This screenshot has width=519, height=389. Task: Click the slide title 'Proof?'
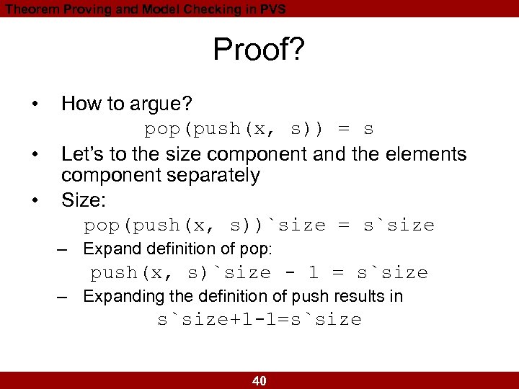(x=259, y=50)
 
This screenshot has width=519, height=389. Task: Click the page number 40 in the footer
(x=259, y=381)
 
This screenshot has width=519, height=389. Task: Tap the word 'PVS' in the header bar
(x=270, y=9)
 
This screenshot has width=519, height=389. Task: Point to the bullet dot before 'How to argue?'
(x=35, y=105)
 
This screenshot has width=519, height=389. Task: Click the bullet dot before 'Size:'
(x=35, y=201)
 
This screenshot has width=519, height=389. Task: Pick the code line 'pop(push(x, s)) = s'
(x=259, y=130)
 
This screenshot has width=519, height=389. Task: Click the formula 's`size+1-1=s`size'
(x=259, y=320)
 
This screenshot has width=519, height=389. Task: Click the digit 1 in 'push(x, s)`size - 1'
(x=313, y=273)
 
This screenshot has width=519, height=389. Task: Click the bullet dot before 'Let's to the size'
(x=35, y=154)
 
